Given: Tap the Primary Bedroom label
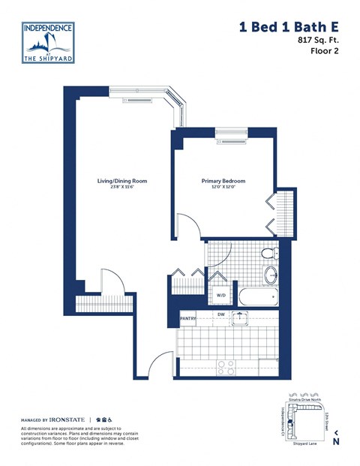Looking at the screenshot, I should (x=223, y=181).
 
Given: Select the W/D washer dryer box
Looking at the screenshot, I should (x=221, y=295).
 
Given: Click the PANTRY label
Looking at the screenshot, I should (x=188, y=319).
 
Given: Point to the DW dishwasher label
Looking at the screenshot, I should (x=220, y=315).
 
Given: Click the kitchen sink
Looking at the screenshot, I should (x=240, y=319).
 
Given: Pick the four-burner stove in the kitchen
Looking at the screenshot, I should (x=225, y=367).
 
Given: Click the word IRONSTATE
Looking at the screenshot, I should (x=67, y=419).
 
